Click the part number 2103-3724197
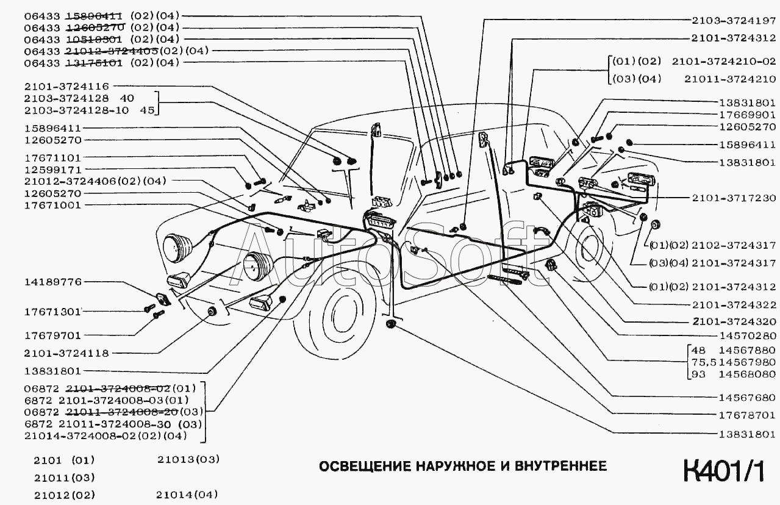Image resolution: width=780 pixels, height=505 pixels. click(734, 20)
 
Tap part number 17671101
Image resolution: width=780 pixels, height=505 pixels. click(52, 157)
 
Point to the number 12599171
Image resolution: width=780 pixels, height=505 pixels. click(52, 169)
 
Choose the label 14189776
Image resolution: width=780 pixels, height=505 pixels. click(52, 282)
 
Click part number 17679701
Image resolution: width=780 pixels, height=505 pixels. click(52, 335)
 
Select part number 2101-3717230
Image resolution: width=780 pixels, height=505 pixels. click(734, 198)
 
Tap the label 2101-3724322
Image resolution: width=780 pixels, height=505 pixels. click(734, 304)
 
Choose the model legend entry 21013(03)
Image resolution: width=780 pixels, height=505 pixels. click(187, 459)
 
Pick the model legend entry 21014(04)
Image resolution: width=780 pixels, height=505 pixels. click(187, 494)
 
